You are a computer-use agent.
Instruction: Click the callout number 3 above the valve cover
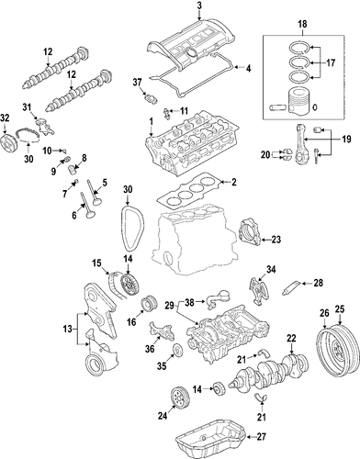(199, 6)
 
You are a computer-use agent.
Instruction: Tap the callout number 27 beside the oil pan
(261, 437)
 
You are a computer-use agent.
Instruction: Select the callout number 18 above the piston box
(302, 24)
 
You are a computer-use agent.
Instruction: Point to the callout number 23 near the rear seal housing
(276, 240)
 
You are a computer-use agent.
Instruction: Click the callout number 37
(138, 82)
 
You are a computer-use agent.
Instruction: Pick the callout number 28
(319, 283)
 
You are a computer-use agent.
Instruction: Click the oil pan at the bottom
(211, 438)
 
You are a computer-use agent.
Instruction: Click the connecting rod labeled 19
(300, 142)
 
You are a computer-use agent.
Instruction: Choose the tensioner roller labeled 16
(149, 303)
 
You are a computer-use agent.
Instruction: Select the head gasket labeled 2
(188, 191)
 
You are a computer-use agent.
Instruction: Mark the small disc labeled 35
(176, 350)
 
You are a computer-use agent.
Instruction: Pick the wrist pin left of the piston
(277, 108)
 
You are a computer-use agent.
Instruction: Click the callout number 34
(271, 269)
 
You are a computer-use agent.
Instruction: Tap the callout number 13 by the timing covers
(67, 330)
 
